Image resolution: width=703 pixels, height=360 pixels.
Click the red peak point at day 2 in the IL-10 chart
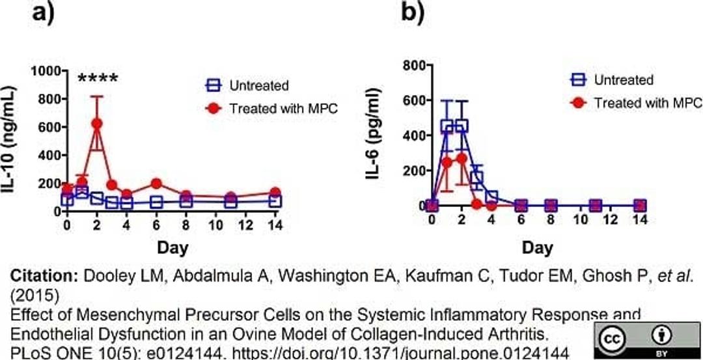(x=96, y=123)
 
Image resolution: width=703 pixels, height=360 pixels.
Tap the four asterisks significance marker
(x=98, y=80)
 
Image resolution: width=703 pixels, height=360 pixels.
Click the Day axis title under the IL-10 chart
(x=172, y=248)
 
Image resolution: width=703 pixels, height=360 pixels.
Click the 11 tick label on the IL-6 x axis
(x=594, y=220)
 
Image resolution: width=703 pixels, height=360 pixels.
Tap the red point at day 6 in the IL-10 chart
(x=156, y=184)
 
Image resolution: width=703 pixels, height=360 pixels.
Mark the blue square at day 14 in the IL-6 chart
(x=640, y=205)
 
